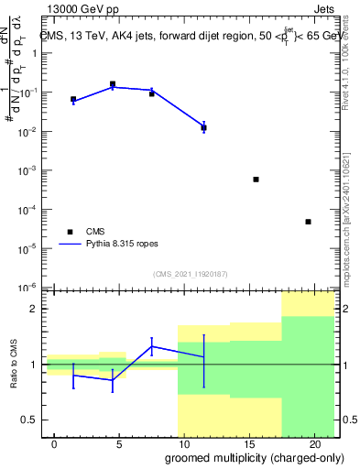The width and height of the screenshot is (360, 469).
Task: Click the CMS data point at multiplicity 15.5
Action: (256, 180)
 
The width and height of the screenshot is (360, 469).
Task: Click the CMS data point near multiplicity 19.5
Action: (308, 222)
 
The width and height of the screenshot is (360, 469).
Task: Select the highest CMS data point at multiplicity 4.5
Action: (113, 84)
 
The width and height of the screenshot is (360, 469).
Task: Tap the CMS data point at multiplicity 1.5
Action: (73, 99)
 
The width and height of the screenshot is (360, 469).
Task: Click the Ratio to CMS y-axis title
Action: (14, 365)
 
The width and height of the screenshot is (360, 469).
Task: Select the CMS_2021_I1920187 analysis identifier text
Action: (190, 274)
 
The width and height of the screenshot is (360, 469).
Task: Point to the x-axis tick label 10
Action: (184, 443)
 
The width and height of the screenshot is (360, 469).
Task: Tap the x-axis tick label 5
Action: (119, 443)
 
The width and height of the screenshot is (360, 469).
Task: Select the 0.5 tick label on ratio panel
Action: (32, 420)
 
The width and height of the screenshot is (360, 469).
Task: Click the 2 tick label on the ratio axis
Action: (36, 309)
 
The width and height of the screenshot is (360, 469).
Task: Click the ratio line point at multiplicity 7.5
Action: (152, 346)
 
